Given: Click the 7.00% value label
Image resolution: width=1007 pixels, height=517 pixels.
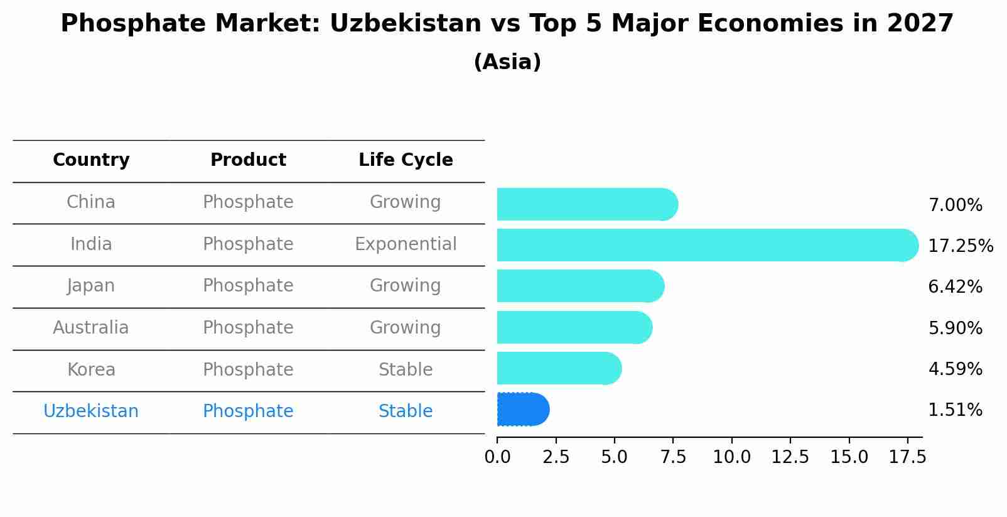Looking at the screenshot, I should pyautogui.click(x=955, y=205).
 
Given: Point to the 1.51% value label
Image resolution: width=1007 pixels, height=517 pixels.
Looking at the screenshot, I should pyautogui.click(x=955, y=410).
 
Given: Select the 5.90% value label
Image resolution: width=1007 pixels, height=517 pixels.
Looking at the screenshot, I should pyautogui.click(x=955, y=328).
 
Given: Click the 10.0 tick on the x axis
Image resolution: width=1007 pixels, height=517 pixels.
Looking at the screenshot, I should pyautogui.click(x=731, y=457).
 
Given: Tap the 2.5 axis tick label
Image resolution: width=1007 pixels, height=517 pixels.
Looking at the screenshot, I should pyautogui.click(x=556, y=457).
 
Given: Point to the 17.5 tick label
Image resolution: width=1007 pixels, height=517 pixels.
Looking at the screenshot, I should pyautogui.click(x=907, y=457).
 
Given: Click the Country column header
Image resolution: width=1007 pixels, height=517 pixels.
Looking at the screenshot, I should pyautogui.click(x=91, y=160).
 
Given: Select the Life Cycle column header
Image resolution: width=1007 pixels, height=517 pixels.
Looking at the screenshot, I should pyautogui.click(x=406, y=160).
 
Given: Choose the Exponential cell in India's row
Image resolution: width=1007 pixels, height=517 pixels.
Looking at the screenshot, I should pyautogui.click(x=406, y=244).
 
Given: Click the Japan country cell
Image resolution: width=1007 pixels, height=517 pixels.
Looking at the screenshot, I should pyautogui.click(x=91, y=286).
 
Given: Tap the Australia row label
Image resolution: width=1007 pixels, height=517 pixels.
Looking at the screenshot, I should pyautogui.click(x=91, y=328).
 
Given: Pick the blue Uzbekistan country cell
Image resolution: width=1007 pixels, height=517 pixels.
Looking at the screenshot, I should pyautogui.click(x=91, y=411).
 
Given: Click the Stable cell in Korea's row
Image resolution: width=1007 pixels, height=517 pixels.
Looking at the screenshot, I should pyautogui.click(x=406, y=370).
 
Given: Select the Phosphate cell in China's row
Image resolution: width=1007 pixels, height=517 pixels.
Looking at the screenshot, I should pyautogui.click(x=248, y=202).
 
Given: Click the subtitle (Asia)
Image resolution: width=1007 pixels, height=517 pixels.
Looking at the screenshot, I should pyautogui.click(x=507, y=62).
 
